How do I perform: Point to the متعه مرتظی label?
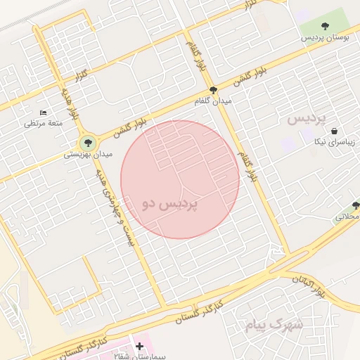[x=44, y=123]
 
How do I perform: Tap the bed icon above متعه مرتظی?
[x=44, y=112]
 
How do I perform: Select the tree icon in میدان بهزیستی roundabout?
[x=87, y=143]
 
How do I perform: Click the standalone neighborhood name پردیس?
[x=308, y=119]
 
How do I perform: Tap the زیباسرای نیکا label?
[x=334, y=142]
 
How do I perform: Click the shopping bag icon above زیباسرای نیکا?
[x=333, y=131]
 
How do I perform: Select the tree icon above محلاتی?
[x=356, y=205]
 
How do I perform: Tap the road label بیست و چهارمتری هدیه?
[x=120, y=207]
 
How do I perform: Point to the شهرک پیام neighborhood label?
[x=274, y=324]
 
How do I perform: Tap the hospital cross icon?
[x=139, y=346]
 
